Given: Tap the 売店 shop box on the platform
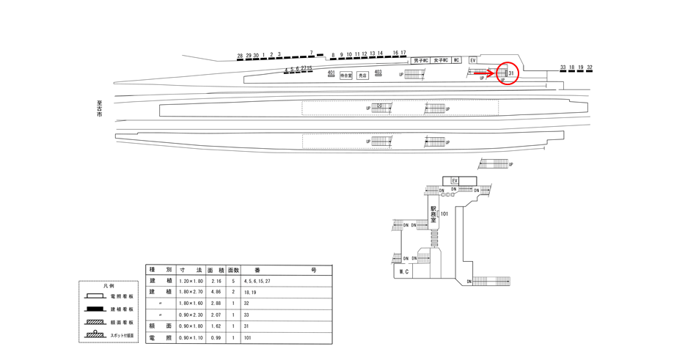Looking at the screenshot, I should pos(362,76).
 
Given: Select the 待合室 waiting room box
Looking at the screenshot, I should pos(346,76).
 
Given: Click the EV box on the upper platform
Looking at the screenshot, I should pos(473,60).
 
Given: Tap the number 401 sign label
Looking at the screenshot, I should pos(331,72).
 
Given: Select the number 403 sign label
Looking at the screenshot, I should pos(378,71).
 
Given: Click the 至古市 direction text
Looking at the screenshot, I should pos(99,110).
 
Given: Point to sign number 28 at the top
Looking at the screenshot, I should pos(240,55).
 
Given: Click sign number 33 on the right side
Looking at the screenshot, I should pos(563,67).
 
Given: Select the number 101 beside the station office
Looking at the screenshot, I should pos(444,214).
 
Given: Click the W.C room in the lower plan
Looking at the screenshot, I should pos(403,271).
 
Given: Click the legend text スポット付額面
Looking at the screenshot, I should pos(122,336).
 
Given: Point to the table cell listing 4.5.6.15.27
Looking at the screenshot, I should pos(257,280).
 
